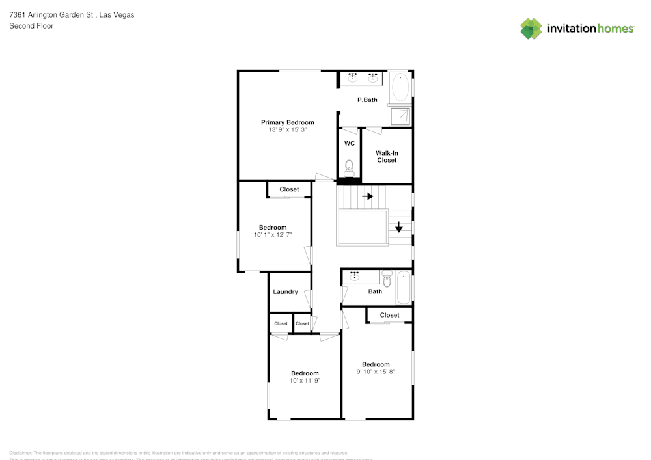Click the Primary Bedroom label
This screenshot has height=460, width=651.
click(287, 122)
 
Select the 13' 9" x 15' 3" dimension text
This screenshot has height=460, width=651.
click(287, 130)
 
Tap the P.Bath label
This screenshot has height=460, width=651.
click(367, 100)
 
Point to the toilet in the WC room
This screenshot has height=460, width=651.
click(349, 167)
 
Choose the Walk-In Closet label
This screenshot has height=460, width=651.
click(387, 156)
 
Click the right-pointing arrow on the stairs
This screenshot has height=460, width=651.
click(368, 196)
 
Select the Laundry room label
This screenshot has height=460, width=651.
click(285, 291)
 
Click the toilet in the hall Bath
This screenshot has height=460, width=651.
click(387, 279)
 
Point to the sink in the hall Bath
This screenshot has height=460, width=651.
click(355, 277)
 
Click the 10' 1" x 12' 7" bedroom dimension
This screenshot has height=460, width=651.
click(272, 235)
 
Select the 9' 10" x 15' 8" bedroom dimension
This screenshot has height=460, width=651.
click(376, 372)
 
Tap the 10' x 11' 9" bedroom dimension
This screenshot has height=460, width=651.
click(305, 381)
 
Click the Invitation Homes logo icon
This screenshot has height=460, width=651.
click(531, 28)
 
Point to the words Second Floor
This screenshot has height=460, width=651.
click(31, 26)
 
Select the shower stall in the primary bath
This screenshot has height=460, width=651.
click(400, 116)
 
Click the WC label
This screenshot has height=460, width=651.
click(349, 143)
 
